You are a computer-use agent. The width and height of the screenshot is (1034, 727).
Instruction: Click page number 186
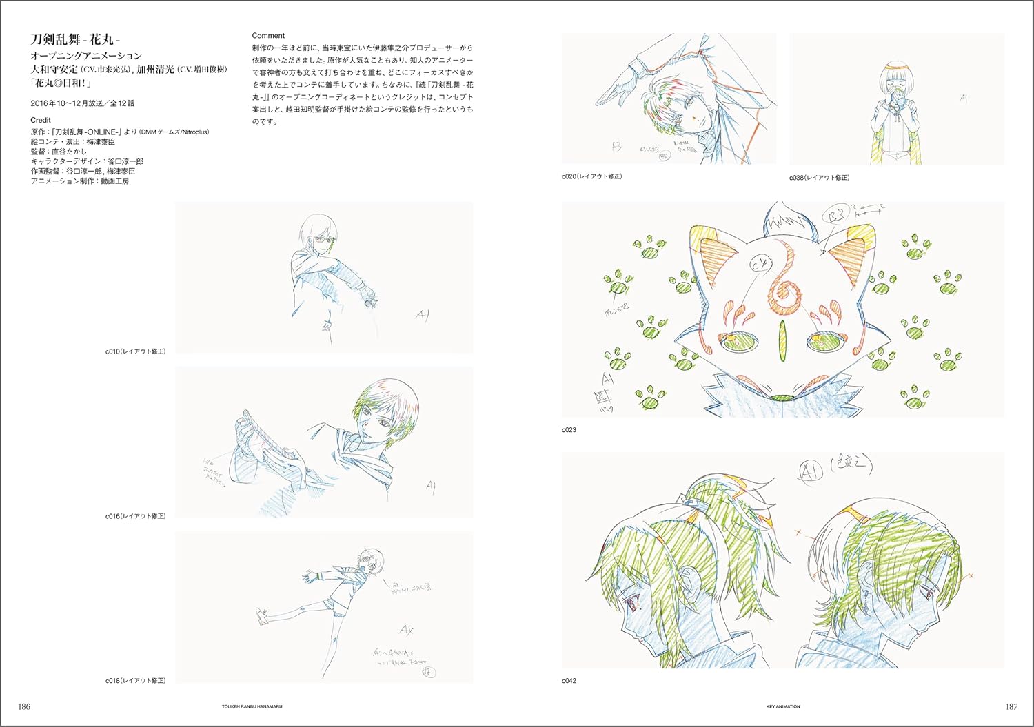click(24, 706)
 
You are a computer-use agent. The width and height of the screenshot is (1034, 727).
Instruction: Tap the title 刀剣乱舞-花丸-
click(76, 40)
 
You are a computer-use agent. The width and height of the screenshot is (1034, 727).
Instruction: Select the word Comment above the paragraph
click(268, 35)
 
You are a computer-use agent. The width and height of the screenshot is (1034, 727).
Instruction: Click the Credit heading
click(41, 120)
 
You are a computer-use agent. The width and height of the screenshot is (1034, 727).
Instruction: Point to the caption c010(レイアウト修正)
click(135, 351)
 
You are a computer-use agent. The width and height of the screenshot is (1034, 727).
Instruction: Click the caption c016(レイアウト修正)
click(135, 516)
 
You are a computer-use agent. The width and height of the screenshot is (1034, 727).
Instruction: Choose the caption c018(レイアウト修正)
click(135, 681)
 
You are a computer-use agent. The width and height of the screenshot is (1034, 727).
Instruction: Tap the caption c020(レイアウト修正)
click(591, 176)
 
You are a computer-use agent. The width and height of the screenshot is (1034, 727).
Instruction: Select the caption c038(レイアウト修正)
click(819, 178)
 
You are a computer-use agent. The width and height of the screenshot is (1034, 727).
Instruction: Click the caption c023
click(569, 430)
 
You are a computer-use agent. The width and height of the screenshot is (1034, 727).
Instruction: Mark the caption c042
click(569, 681)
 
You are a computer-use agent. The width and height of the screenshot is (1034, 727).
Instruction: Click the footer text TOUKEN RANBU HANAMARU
click(249, 706)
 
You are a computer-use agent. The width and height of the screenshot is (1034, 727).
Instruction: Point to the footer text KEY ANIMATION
click(783, 706)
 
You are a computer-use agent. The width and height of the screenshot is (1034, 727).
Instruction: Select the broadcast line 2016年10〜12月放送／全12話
click(83, 103)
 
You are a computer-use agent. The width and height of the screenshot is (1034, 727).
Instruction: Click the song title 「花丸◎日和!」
click(61, 83)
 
